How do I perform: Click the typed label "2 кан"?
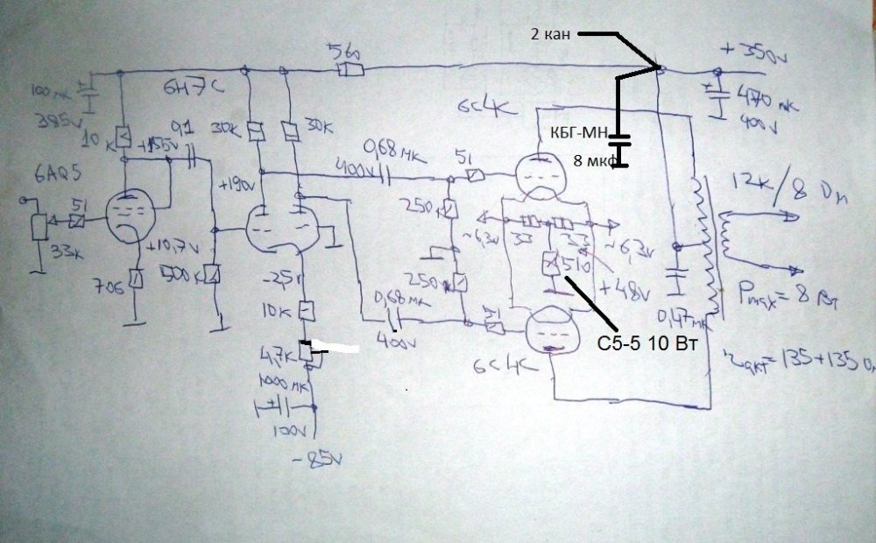click(x=548, y=35)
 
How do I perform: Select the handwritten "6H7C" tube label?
click(x=185, y=85)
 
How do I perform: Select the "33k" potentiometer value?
click(x=40, y=254)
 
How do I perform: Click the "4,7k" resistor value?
click(x=280, y=356)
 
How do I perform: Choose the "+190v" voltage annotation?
click(x=237, y=187)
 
